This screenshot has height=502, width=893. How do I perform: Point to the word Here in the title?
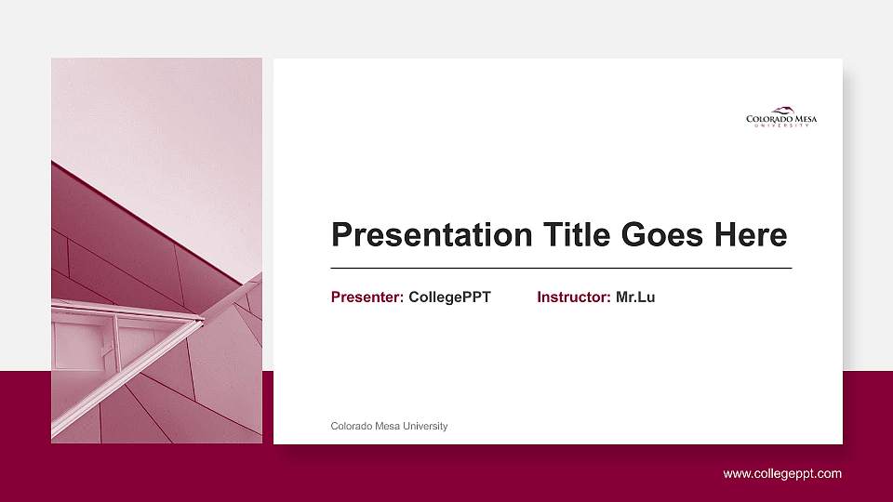tap(750, 234)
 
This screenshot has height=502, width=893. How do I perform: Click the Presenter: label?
tap(367, 297)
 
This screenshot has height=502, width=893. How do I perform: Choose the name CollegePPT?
tap(449, 297)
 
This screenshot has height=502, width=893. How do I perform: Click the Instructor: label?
tap(574, 297)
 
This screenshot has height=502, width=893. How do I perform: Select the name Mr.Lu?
tap(635, 297)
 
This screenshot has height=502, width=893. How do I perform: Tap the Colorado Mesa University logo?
tap(781, 116)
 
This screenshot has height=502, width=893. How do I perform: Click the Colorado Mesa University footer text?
tap(389, 426)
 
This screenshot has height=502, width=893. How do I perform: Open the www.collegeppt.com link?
tap(782, 473)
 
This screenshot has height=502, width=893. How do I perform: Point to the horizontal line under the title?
tap(561, 268)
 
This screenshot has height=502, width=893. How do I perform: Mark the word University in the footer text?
tap(425, 426)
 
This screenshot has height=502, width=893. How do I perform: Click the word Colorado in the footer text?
tap(351, 426)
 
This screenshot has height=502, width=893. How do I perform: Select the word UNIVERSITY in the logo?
tap(781, 125)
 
